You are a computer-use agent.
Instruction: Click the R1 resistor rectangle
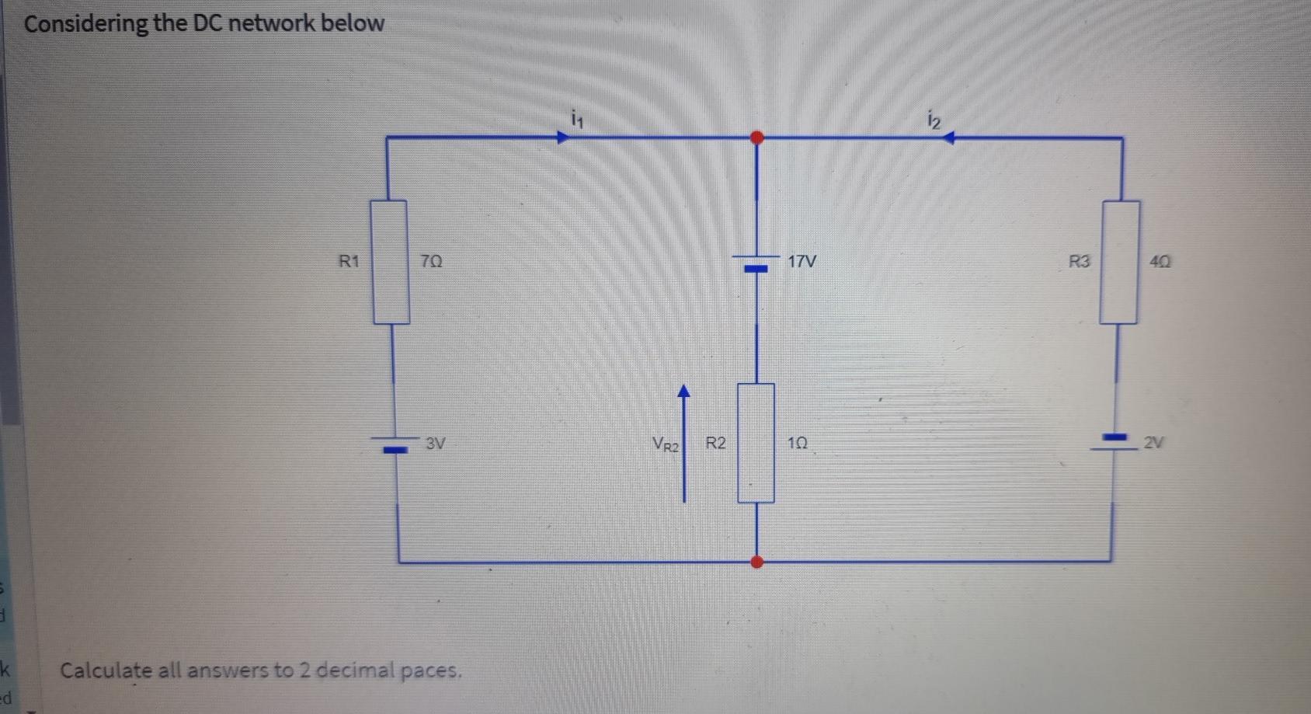pyautogui.click(x=390, y=262)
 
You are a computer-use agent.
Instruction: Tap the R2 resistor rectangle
pyautogui.click(x=756, y=443)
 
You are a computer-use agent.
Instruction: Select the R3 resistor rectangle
pyautogui.click(x=1119, y=262)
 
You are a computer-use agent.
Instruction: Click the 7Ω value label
pyautogui.click(x=432, y=262)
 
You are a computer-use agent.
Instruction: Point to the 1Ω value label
pyautogui.click(x=798, y=443)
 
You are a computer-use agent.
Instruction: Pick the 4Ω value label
pyautogui.click(x=1160, y=262)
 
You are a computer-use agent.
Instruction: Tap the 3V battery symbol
pyautogui.click(x=395, y=444)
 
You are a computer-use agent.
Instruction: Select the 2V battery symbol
pyautogui.click(x=1117, y=441)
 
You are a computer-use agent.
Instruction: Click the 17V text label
pyautogui.click(x=802, y=261)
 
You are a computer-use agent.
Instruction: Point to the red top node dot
pyautogui.click(x=756, y=138)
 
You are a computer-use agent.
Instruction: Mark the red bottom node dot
pyautogui.click(x=757, y=561)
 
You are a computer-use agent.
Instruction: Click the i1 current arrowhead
pyautogui.click(x=562, y=138)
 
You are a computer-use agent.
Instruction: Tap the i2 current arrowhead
pyautogui.click(x=948, y=138)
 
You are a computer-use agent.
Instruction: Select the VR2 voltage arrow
pyautogui.click(x=684, y=443)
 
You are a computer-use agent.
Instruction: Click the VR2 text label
pyautogui.click(x=666, y=444)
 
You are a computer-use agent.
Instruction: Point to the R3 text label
pyautogui.click(x=1079, y=262)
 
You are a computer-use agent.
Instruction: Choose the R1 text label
pyautogui.click(x=349, y=261)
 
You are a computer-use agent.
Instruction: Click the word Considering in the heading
pyautogui.click(x=85, y=23)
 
